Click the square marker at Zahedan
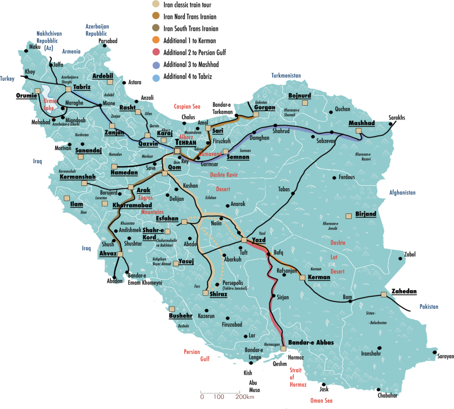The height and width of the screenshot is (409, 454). pos(384,294)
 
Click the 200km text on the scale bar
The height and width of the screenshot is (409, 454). pos(244,396)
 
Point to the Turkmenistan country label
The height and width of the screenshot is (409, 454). pos(292,75)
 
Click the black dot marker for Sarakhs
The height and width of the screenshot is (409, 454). pos(393,125)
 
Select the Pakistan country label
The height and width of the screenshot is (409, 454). pos(430,307)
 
